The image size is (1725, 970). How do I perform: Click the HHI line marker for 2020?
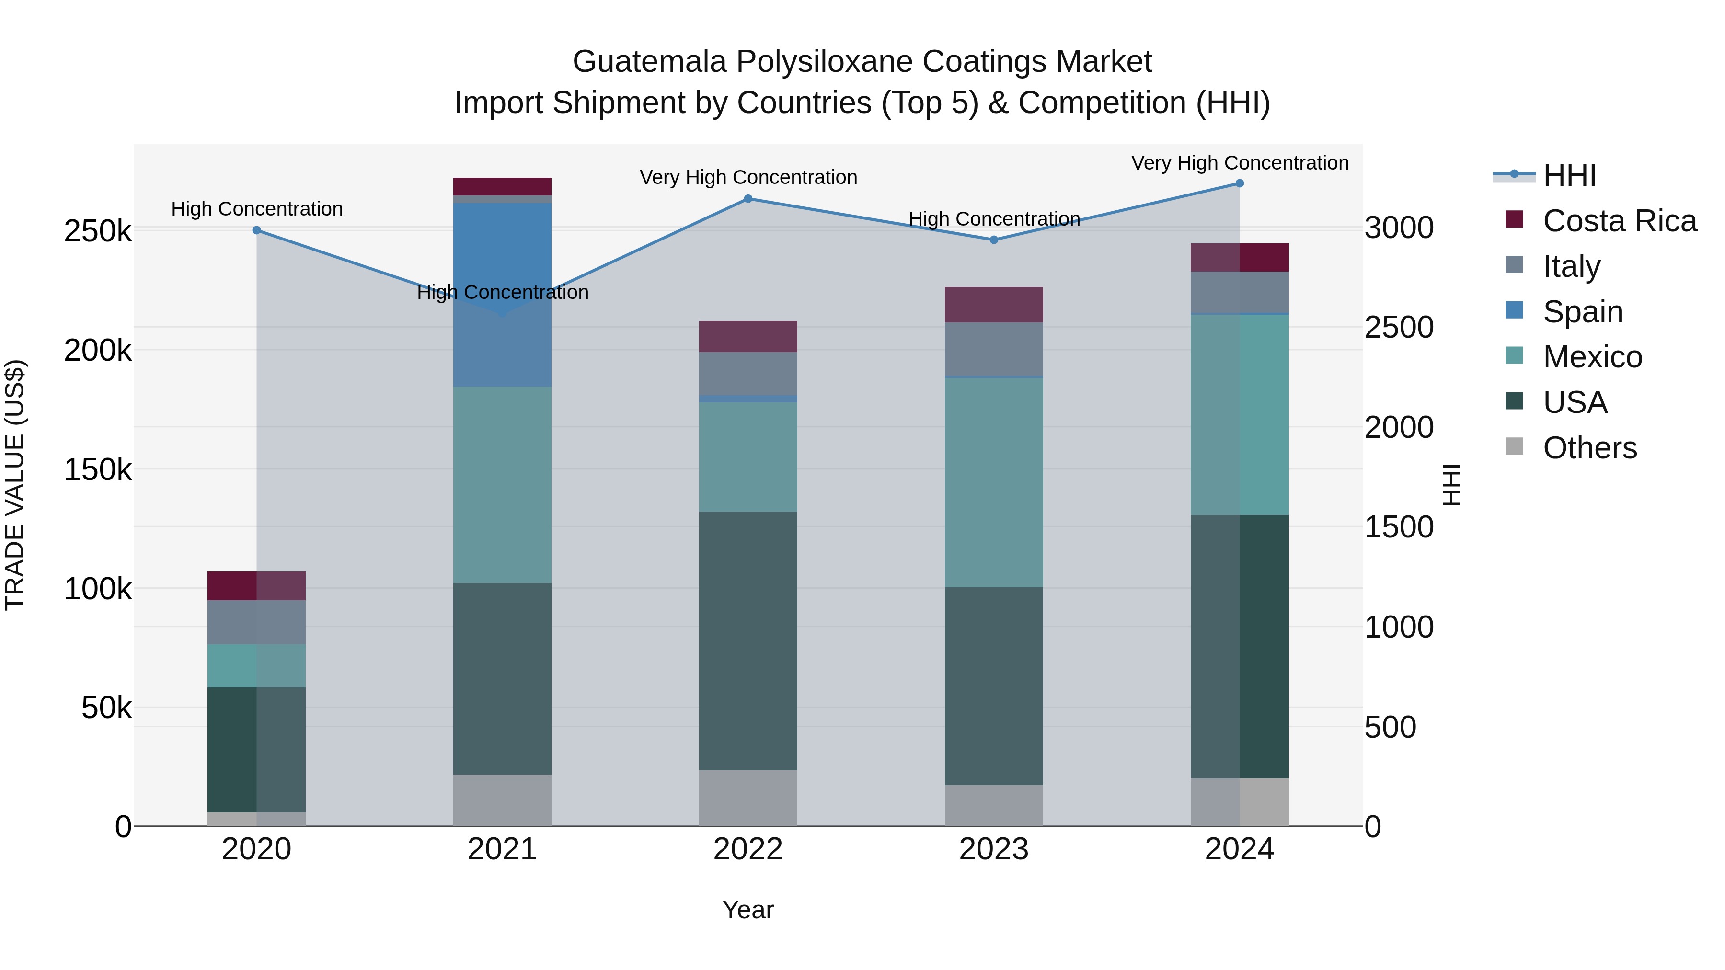(x=256, y=230)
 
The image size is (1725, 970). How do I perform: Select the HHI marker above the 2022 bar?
(x=748, y=199)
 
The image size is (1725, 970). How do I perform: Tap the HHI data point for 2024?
(x=1240, y=183)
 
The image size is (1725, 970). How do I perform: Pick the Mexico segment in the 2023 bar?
(x=994, y=482)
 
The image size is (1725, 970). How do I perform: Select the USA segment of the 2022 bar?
(x=748, y=640)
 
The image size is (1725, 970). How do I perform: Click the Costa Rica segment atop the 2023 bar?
(x=994, y=305)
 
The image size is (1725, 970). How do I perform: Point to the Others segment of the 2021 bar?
(x=502, y=800)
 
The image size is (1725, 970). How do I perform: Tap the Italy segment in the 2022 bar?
(x=748, y=374)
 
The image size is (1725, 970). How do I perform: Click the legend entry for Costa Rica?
(x=1619, y=221)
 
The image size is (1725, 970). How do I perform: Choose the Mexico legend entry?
(x=1592, y=357)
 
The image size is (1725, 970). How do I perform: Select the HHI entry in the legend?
(x=1569, y=175)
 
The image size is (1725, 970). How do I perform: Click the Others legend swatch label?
(x=1590, y=448)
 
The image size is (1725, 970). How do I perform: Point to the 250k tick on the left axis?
(x=98, y=232)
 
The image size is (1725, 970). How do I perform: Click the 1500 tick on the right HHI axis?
(x=1399, y=527)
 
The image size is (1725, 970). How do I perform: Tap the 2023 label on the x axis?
(x=994, y=849)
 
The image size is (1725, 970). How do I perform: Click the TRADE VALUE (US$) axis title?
(x=15, y=485)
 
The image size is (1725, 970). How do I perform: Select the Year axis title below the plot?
(x=748, y=910)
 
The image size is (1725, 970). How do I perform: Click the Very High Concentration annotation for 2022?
(x=748, y=177)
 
